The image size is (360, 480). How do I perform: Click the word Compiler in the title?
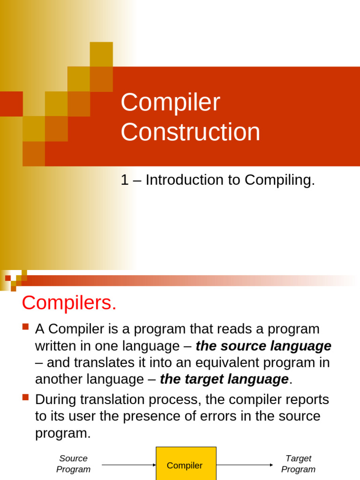click(170, 103)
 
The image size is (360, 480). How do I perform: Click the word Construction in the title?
click(190, 132)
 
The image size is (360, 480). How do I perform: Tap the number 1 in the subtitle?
click(124, 180)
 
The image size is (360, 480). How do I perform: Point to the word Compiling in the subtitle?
click(279, 180)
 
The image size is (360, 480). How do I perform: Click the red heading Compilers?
click(69, 303)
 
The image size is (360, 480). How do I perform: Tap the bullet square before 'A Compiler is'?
click(26, 327)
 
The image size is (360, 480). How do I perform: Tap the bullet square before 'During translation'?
click(26, 398)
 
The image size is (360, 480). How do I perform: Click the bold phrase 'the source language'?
click(263, 346)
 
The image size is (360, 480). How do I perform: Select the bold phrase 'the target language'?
click(224, 379)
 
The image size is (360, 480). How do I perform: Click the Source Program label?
click(73, 464)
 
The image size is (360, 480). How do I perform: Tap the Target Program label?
click(298, 464)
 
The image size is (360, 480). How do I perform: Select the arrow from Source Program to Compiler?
click(128, 465)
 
